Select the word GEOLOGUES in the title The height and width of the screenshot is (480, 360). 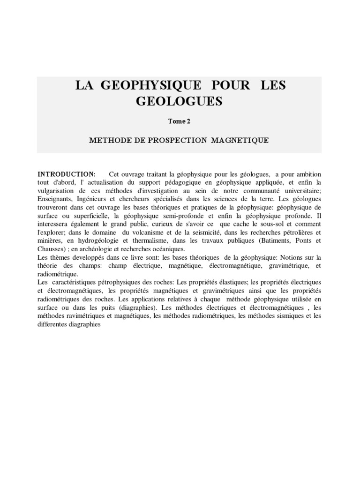coord(179,101)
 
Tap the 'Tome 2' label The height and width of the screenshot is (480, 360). coord(179,121)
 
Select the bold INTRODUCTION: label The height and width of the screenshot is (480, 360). coord(67,174)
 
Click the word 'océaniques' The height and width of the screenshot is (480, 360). coord(168,249)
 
